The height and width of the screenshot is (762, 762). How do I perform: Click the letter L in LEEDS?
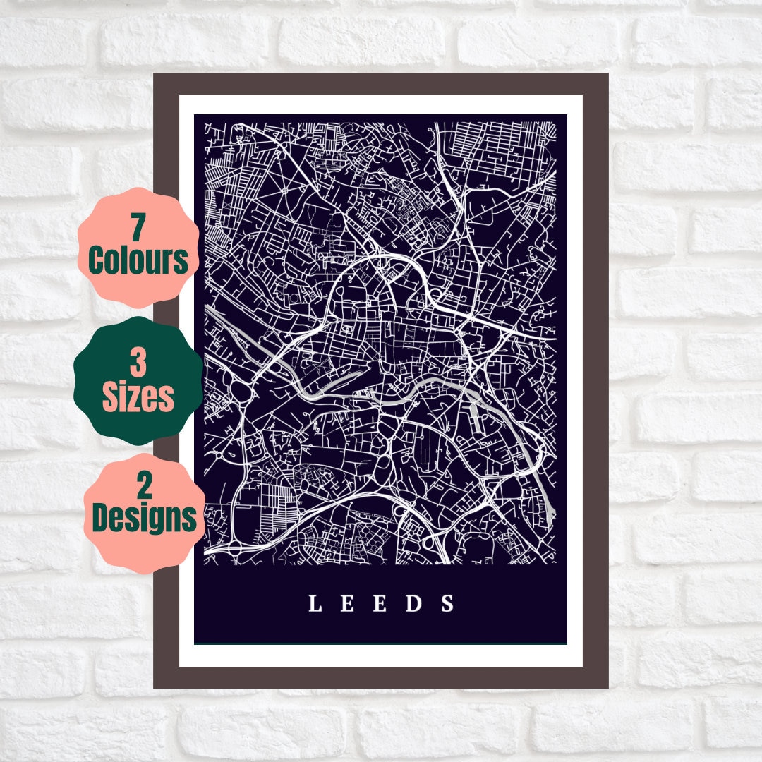[315, 604]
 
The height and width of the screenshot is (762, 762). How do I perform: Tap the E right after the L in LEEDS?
[347, 604]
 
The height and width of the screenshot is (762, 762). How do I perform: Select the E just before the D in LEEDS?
[380, 604]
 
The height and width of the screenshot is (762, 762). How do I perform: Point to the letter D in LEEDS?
[415, 604]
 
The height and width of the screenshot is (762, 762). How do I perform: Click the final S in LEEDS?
[447, 604]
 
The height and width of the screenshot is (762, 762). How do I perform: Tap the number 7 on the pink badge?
[138, 228]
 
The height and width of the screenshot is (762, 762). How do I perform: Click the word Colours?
[138, 260]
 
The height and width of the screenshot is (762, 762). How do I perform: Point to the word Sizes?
[138, 398]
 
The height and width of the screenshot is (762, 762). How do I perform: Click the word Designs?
[144, 519]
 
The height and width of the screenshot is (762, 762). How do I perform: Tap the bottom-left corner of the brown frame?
[155, 687]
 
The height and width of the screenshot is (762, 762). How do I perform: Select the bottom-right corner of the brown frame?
[607, 687]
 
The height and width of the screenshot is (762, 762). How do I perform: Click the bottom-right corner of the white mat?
[581, 665]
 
